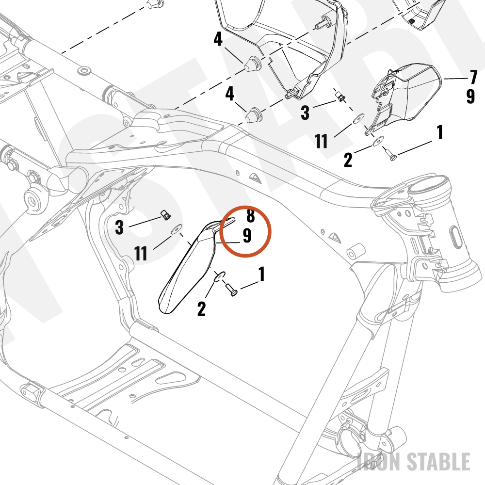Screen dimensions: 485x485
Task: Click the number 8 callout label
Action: [251, 216]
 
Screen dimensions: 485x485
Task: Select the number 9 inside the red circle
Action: [247, 236]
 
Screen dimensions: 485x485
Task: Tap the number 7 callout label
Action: [473, 77]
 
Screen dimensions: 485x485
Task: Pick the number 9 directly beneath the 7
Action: [470, 96]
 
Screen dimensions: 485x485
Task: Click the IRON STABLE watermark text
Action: [414, 462]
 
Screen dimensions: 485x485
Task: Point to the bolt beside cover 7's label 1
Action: [390, 154]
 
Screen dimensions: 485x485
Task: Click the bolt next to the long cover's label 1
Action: [231, 289]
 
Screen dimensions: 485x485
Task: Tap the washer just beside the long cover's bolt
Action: [219, 276]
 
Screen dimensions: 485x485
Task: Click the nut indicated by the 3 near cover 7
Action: [340, 97]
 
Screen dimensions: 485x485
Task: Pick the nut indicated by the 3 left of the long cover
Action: [166, 215]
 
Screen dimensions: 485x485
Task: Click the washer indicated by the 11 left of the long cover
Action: [177, 229]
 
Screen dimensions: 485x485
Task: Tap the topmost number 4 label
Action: [218, 39]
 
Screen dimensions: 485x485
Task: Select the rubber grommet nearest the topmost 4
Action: [253, 63]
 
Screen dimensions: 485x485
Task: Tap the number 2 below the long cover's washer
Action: [201, 308]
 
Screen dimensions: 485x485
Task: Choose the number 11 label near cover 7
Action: [322, 141]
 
